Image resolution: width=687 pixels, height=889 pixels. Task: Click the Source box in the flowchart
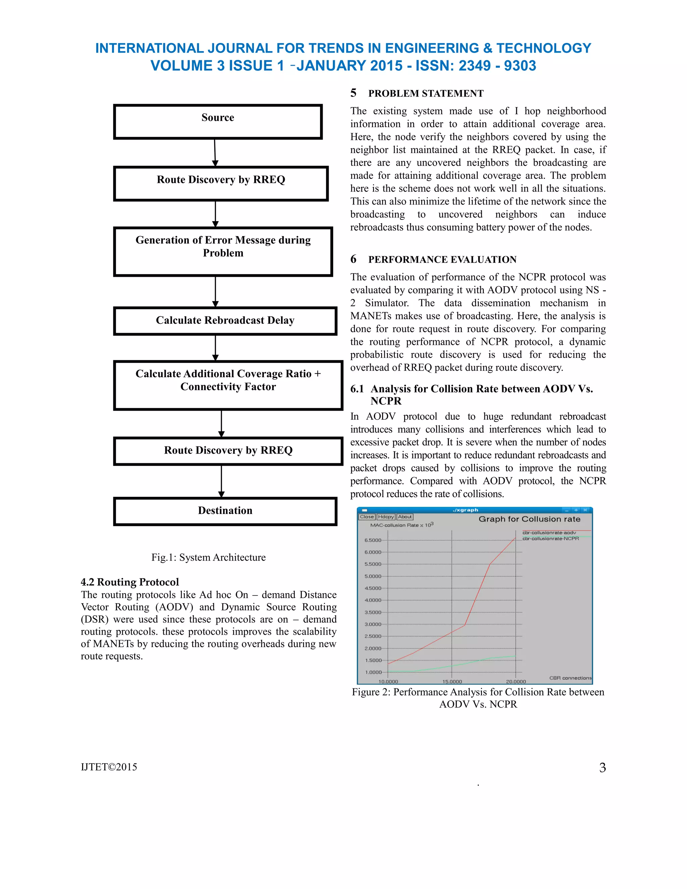[x=218, y=122]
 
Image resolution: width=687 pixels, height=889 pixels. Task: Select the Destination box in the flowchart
[x=225, y=511]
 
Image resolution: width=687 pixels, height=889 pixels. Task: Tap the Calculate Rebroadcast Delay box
[x=225, y=321]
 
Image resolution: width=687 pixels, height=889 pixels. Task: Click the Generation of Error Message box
[x=223, y=251]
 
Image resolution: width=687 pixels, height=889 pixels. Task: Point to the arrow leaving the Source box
[x=215, y=153]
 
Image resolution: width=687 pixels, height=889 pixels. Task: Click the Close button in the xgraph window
[x=366, y=517]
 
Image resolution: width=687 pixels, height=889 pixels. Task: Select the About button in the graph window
[x=405, y=517]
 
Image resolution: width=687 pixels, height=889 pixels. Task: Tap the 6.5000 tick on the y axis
[x=373, y=540]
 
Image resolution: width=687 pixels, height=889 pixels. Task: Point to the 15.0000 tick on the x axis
[x=452, y=681]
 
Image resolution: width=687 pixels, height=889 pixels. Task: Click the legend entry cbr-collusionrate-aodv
[x=549, y=532]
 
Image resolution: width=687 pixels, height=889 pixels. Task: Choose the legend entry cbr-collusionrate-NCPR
[x=550, y=538]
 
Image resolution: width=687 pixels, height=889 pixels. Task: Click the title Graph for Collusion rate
[x=529, y=519]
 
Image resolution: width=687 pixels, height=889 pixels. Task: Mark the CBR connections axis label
[x=570, y=678]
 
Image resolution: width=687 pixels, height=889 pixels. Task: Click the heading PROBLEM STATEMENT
[x=426, y=94]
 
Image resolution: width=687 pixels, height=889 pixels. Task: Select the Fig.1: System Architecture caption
[x=208, y=557]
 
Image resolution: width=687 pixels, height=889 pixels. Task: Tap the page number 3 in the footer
[x=602, y=768]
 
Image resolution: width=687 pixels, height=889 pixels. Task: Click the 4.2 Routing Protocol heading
[x=130, y=582]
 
